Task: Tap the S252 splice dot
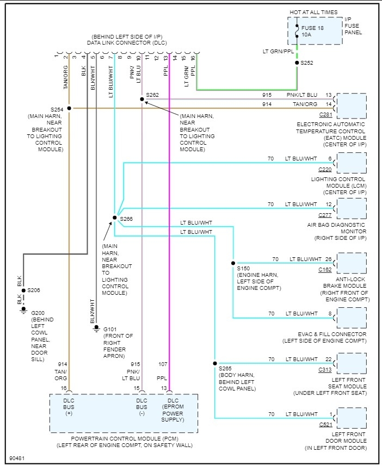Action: click(x=297, y=63)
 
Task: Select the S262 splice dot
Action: click(x=141, y=99)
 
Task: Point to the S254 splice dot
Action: click(x=69, y=108)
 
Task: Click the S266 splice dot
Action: click(x=114, y=218)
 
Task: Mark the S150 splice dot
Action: click(x=233, y=263)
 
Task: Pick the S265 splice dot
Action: click(x=215, y=363)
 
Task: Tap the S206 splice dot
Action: click(x=23, y=290)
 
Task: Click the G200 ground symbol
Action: click(x=23, y=310)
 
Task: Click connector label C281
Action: click(x=325, y=115)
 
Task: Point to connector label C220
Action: click(x=325, y=169)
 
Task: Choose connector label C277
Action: click(x=325, y=215)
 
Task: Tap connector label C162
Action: click(x=325, y=269)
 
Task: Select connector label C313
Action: click(x=325, y=370)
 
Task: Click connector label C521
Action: click(x=325, y=424)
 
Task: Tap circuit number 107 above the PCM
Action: click(x=163, y=364)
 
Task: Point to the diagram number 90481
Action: click(x=17, y=458)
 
